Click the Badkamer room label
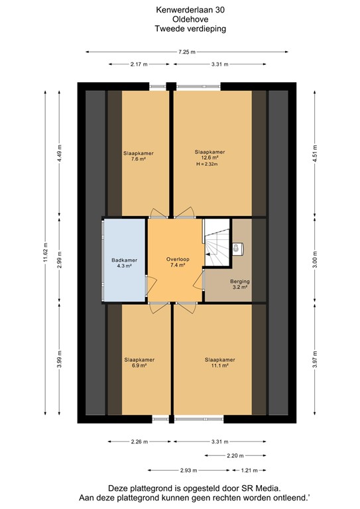[124, 264]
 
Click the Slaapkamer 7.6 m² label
[138, 156]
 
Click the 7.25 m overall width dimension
[186, 52]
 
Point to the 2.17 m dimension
[139, 64]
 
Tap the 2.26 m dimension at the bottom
[139, 441]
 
